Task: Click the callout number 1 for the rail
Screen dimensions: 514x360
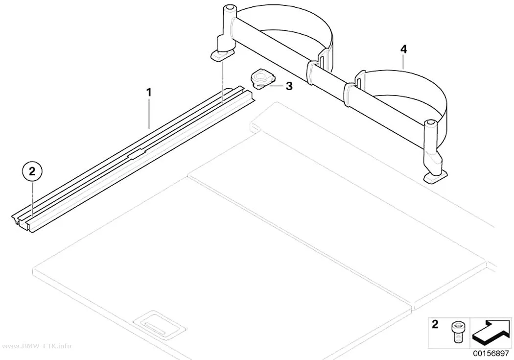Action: tap(149, 92)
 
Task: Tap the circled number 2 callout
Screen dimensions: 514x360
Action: tap(32, 171)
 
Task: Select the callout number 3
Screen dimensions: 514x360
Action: tap(289, 86)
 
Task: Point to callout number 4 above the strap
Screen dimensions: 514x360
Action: tap(403, 49)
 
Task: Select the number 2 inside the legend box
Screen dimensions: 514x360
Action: tap(435, 324)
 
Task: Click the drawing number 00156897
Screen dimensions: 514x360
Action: tap(491, 354)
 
